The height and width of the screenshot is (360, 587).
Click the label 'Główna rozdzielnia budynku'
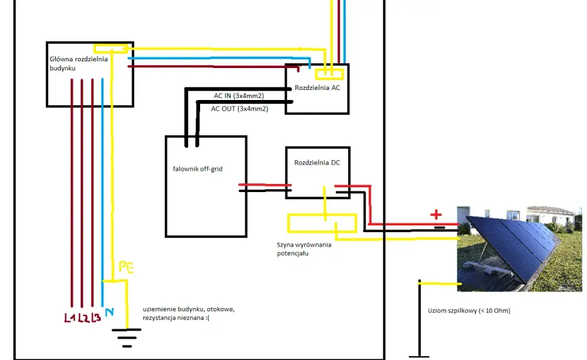[x=79, y=63]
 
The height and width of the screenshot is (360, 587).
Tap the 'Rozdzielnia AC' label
[x=317, y=87]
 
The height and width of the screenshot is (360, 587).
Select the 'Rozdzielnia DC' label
[x=317, y=163]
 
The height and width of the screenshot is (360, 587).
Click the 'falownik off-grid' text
[x=197, y=169]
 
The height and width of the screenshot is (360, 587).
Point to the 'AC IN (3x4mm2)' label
[x=239, y=96]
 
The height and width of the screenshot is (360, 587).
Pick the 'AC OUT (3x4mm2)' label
[x=239, y=109]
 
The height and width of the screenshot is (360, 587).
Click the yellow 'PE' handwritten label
[x=126, y=267]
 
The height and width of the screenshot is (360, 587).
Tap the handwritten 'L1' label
[x=69, y=318]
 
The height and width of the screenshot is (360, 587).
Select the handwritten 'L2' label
[x=83, y=318]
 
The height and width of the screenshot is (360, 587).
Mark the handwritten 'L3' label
[x=96, y=317]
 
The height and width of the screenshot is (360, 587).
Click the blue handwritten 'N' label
[x=109, y=312]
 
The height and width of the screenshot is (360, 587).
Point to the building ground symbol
[x=127, y=338]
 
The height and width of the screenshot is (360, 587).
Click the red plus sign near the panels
[x=436, y=215]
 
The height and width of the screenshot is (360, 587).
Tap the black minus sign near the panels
[x=440, y=227]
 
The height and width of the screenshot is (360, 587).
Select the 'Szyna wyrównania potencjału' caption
[x=304, y=249]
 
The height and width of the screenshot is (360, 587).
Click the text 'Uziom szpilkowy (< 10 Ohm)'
[x=469, y=310]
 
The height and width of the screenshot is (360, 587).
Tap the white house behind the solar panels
[x=550, y=216]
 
